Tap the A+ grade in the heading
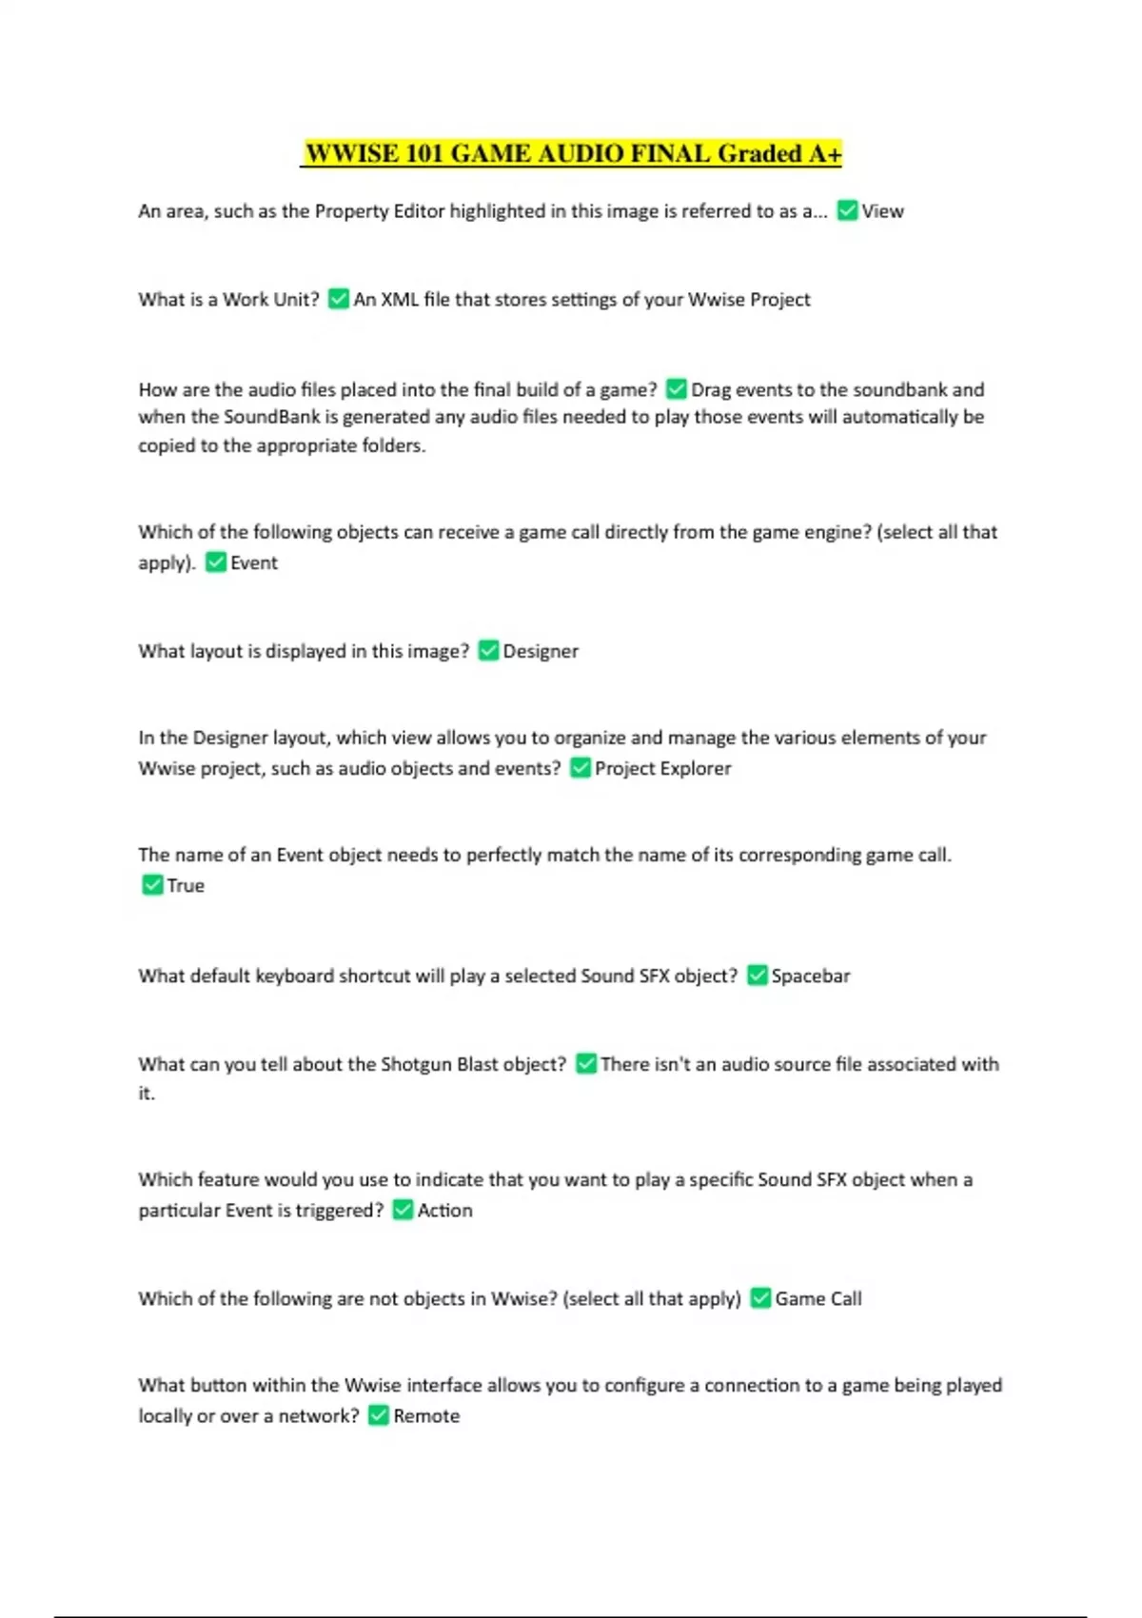(824, 153)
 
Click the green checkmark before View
(847, 210)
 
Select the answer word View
(882, 211)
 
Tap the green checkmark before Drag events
(677, 388)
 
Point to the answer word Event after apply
(253, 562)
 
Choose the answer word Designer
(540, 651)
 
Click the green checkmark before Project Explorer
(580, 767)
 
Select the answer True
(186, 885)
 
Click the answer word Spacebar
(810, 976)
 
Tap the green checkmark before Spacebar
(758, 975)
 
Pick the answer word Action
(444, 1210)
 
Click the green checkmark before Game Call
(760, 1297)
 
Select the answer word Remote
(426, 1415)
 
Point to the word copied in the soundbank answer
(167, 445)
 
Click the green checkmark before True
(152, 884)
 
